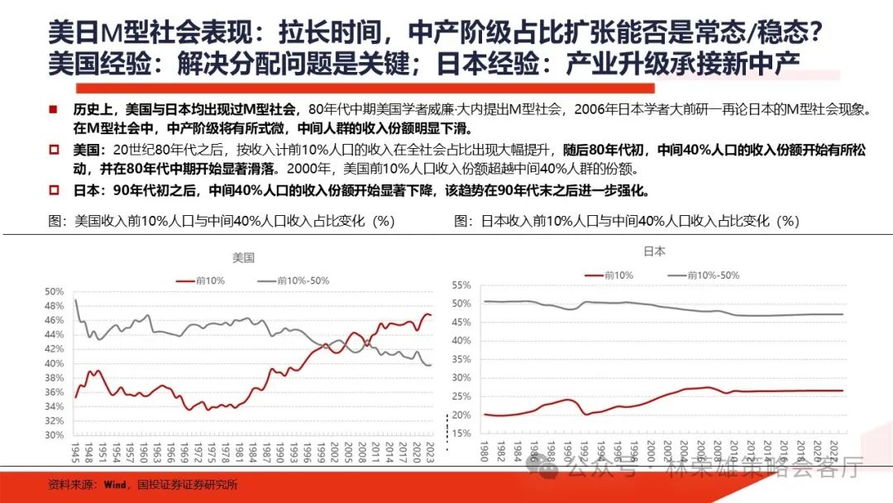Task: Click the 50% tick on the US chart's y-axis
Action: click(54, 291)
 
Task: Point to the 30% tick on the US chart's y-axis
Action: click(54, 434)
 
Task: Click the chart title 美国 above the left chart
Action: click(243, 257)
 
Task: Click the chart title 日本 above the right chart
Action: click(654, 251)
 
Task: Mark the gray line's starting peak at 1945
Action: click(75, 299)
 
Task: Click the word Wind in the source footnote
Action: click(91, 486)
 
